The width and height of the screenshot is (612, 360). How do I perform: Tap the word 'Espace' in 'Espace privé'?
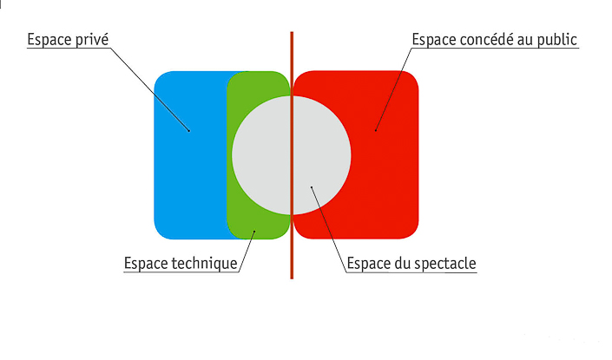pos(49,40)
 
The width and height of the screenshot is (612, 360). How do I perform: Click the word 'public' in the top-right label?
pos(557,40)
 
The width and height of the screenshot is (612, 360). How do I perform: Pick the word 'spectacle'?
pos(444,263)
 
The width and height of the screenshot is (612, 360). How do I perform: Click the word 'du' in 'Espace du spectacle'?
pos(402,263)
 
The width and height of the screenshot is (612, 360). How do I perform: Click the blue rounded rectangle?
pos(191,154)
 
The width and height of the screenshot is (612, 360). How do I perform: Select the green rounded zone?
pos(259,154)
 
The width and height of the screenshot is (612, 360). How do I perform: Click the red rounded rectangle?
pos(356,154)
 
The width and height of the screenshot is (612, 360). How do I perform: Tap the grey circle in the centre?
pos(291,155)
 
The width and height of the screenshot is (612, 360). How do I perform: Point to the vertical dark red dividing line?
pos(292,155)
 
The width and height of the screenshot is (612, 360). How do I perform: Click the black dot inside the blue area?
pos(189,131)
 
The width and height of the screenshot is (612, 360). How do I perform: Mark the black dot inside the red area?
pos(376,130)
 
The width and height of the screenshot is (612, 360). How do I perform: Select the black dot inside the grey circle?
pos(312,187)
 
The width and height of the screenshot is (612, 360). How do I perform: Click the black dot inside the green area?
pos(254,232)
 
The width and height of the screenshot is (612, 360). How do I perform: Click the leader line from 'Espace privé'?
pos(149,89)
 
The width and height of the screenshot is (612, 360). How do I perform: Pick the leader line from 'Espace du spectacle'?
pos(329,229)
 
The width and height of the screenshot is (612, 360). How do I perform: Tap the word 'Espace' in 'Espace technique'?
pos(146,263)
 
